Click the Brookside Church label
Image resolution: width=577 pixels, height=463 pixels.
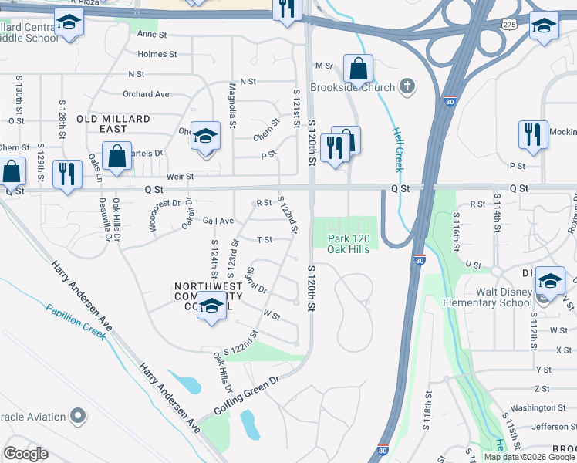coord(353,87)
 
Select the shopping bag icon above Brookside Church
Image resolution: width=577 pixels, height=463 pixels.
coord(359,69)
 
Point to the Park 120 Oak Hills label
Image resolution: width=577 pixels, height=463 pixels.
coord(349,244)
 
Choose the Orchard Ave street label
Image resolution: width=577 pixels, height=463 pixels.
coord(146,94)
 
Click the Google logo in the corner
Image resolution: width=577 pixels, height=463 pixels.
coord(25,454)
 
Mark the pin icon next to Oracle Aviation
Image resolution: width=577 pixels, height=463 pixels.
coord(77,417)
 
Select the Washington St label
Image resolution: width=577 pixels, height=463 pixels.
coord(538,407)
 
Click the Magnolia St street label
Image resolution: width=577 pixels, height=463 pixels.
coord(231,104)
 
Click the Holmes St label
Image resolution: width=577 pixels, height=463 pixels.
coord(157,54)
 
